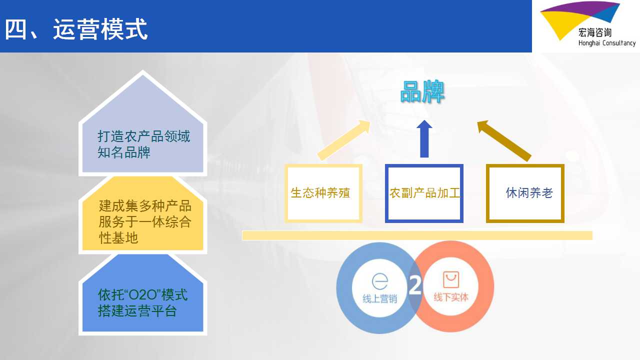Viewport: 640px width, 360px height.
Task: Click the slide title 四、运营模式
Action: point(76,29)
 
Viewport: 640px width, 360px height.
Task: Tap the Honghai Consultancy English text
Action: point(607,43)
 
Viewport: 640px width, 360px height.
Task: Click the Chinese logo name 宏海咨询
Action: point(595,32)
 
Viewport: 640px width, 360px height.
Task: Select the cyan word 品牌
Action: point(422,91)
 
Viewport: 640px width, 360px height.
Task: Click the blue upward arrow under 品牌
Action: point(424,138)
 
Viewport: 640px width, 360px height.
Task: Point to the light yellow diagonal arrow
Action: point(343,140)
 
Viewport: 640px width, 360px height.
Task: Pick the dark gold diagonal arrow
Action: point(504,140)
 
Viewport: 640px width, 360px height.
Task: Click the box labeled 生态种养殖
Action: point(323,193)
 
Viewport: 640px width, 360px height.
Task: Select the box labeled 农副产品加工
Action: point(424,193)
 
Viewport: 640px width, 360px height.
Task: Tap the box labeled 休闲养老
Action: point(525,193)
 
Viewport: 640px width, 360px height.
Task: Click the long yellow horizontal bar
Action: point(417,235)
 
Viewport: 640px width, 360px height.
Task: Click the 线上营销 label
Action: point(379,299)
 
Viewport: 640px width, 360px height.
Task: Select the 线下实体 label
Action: point(451,297)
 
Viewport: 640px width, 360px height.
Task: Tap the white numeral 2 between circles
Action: point(415,285)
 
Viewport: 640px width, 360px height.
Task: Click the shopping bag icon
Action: point(451,279)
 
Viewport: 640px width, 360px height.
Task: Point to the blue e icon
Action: point(380,281)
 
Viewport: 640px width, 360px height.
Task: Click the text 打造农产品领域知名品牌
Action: point(143,144)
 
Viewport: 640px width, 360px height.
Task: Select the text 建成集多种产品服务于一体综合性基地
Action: point(145,221)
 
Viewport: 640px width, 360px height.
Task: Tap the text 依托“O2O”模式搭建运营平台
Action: point(142,303)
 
